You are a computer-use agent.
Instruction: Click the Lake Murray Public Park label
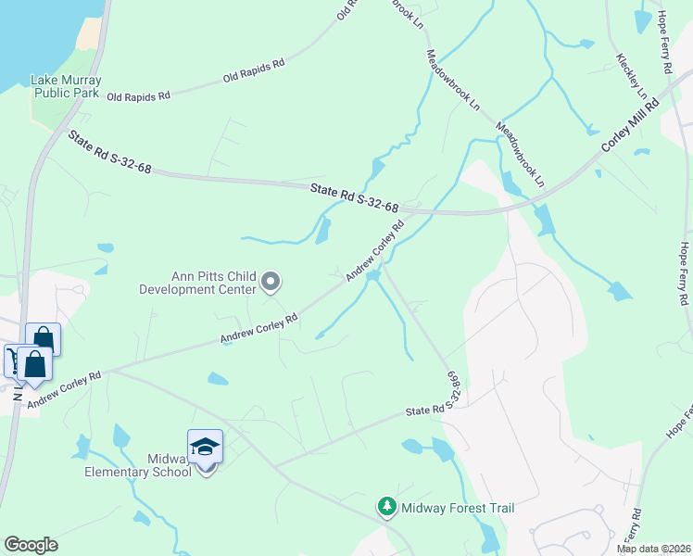66,86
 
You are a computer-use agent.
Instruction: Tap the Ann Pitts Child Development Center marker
271,280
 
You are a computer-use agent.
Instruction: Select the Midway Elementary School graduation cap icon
205,447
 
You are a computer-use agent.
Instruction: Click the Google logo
31,545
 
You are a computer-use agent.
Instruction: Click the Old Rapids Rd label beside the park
139,95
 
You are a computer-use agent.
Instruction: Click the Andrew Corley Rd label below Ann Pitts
258,329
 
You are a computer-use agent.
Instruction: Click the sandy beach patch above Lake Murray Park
88,33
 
